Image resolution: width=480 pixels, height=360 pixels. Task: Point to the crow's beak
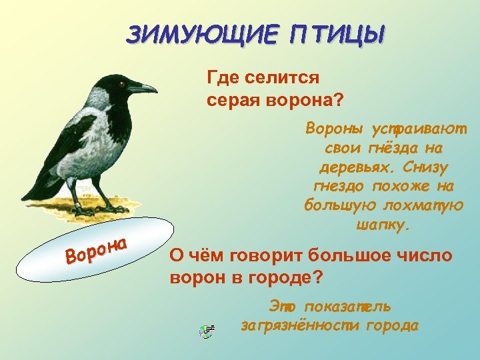[x=143, y=87]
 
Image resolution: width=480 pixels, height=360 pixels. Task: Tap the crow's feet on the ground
[x=93, y=208]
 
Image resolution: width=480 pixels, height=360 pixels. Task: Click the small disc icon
[x=207, y=331]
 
